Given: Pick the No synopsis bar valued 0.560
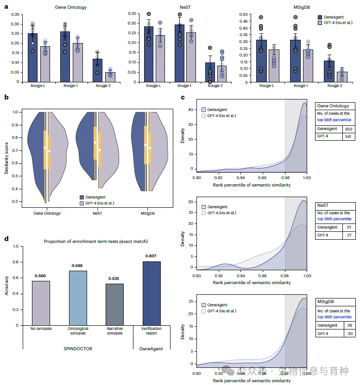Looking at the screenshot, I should [41, 303].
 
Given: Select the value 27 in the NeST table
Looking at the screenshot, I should [348, 236].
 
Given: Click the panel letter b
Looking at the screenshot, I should [6, 97].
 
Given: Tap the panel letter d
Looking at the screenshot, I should [6, 239].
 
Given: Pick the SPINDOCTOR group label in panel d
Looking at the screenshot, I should [77, 348].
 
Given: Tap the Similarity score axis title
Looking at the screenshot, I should [7, 156].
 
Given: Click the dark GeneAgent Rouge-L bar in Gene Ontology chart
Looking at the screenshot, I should [33, 57].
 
